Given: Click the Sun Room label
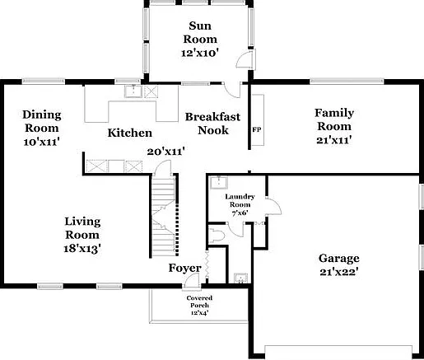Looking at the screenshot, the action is (x=200, y=32).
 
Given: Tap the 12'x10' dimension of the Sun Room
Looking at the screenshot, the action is (x=200, y=53).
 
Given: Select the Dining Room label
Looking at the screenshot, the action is (x=42, y=121).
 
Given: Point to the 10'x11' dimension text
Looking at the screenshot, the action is (x=42, y=142).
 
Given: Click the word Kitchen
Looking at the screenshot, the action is (x=130, y=133).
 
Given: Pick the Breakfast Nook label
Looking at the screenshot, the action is (x=212, y=124).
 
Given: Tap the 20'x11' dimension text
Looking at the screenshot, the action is (x=165, y=152).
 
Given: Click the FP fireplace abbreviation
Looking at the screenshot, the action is (x=257, y=129).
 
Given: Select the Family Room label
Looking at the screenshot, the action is (x=334, y=119).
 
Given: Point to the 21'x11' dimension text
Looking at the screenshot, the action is (x=334, y=140).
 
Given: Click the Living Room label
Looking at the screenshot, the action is (x=82, y=228).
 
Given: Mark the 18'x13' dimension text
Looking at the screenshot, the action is (x=82, y=249).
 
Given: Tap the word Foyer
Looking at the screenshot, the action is (x=185, y=268).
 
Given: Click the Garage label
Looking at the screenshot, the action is (x=339, y=258).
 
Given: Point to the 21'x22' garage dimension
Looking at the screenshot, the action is (x=339, y=272).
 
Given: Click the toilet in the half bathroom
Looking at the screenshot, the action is (x=217, y=236).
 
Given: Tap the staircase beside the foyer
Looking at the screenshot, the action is (x=164, y=216).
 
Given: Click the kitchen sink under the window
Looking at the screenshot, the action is (x=133, y=91).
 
